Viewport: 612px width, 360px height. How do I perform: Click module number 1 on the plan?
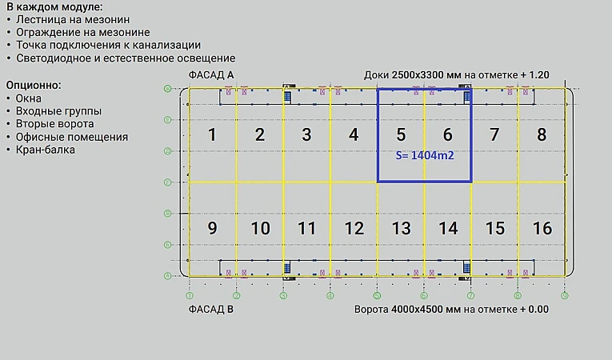click(212, 134)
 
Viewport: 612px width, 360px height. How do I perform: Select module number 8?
click(542, 134)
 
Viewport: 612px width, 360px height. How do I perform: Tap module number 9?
click(212, 228)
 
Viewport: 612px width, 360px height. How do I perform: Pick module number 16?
click(542, 228)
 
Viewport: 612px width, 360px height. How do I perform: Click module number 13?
click(401, 228)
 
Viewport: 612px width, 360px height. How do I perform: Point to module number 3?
click(306, 134)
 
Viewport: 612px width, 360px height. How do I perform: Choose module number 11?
click(306, 228)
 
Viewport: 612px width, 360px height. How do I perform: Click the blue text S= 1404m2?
click(425, 156)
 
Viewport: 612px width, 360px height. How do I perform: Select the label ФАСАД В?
click(211, 308)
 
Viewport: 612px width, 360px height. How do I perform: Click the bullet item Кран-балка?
click(46, 150)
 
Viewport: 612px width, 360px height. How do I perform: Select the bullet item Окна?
click(29, 98)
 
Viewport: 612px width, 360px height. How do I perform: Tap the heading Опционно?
click(34, 84)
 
